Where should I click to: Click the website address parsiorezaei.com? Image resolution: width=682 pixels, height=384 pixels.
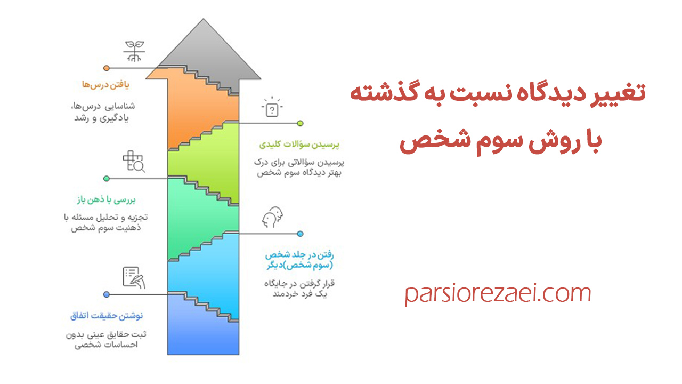point(498,294)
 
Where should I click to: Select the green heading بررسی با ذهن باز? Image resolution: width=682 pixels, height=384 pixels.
point(104,200)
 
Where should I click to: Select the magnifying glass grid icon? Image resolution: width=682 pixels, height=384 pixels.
point(134,162)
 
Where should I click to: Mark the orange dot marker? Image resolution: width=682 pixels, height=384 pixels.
point(107,68)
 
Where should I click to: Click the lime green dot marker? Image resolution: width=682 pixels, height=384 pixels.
point(300,123)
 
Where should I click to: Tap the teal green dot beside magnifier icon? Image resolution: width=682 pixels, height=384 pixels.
point(107,179)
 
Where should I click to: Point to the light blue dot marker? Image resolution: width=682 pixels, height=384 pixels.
point(300,234)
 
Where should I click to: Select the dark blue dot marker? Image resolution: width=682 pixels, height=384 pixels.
point(107,294)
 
